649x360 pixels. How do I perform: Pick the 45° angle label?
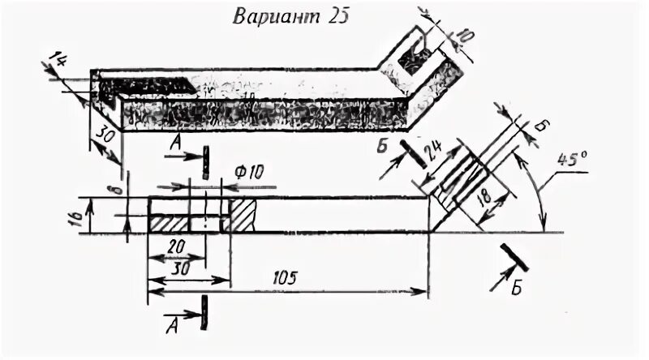point(572,161)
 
